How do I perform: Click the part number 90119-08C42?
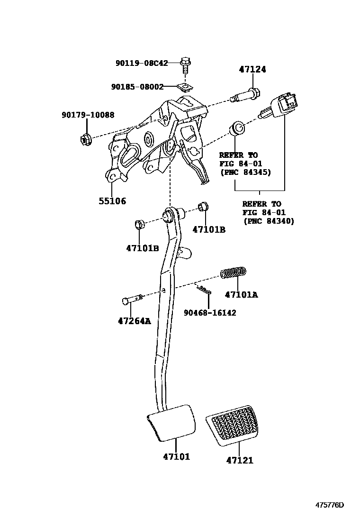click(x=142, y=63)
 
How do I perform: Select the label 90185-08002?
click(x=137, y=87)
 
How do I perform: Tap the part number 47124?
click(x=252, y=70)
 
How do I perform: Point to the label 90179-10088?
click(x=88, y=115)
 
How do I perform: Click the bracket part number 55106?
click(x=112, y=200)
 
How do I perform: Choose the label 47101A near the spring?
click(x=241, y=294)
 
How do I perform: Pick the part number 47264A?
click(x=134, y=321)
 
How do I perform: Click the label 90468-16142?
click(x=210, y=313)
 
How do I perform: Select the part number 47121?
click(x=239, y=460)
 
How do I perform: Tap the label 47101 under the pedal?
click(x=176, y=457)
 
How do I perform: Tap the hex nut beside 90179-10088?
click(x=85, y=139)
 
